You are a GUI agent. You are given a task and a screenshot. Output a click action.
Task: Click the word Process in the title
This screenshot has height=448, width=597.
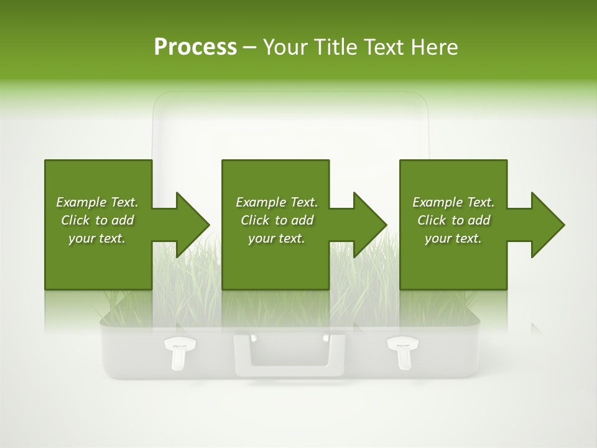(195, 47)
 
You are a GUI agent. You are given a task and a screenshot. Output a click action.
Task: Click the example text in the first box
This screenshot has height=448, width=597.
(98, 220)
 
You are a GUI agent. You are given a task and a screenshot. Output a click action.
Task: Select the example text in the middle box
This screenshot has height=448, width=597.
(277, 220)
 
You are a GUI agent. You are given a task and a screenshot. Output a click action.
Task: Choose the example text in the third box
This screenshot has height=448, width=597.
(453, 220)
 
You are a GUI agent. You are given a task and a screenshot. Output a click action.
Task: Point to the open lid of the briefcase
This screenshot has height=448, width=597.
(290, 124)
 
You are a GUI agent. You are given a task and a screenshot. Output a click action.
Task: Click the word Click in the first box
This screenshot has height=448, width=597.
(76, 220)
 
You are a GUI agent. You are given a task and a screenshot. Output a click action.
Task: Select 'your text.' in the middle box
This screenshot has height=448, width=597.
(277, 238)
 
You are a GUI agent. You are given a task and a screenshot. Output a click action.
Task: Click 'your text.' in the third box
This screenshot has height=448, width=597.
(453, 238)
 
